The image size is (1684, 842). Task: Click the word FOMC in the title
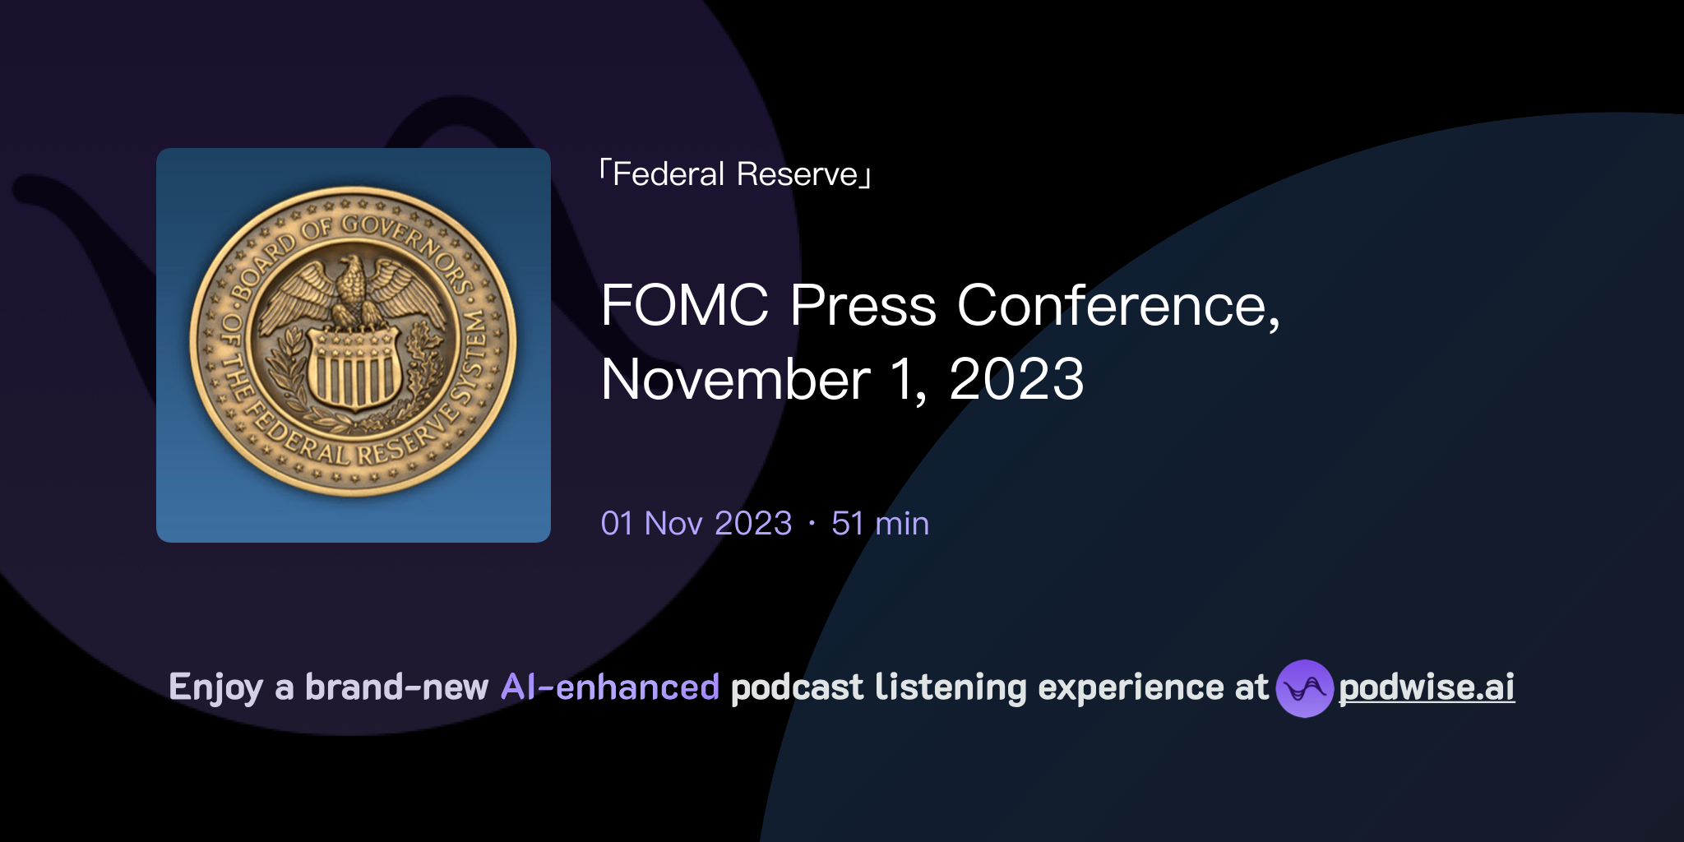coord(684,306)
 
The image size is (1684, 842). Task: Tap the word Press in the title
coord(863,306)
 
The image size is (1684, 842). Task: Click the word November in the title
coord(735,380)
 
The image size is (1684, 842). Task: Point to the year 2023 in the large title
coord(1016,380)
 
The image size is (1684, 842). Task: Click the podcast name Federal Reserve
coord(735,174)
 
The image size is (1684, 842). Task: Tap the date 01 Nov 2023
coord(696,524)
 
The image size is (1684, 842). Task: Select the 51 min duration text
coord(880,524)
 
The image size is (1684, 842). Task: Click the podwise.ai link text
coord(1426,687)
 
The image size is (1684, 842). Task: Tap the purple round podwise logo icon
coord(1304,688)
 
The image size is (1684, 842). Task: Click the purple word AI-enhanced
coord(610,687)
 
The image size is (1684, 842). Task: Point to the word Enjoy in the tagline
coord(215,687)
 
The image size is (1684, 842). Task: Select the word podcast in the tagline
coord(797,687)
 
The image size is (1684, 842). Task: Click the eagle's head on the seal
coord(352,267)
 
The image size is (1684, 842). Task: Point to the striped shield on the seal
coord(354,368)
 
